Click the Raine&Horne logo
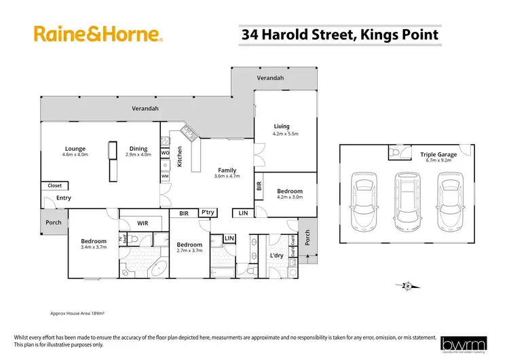click(97, 34)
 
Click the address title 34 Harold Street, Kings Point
click(340, 34)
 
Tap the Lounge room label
click(75, 151)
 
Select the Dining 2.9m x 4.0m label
click(138, 151)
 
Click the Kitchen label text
click(180, 157)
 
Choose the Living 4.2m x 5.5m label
click(282, 129)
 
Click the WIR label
click(143, 223)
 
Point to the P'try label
click(208, 213)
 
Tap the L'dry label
click(276, 255)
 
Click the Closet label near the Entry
click(54, 185)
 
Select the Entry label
click(64, 198)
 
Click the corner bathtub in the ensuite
click(160, 267)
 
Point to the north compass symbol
click(407, 286)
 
